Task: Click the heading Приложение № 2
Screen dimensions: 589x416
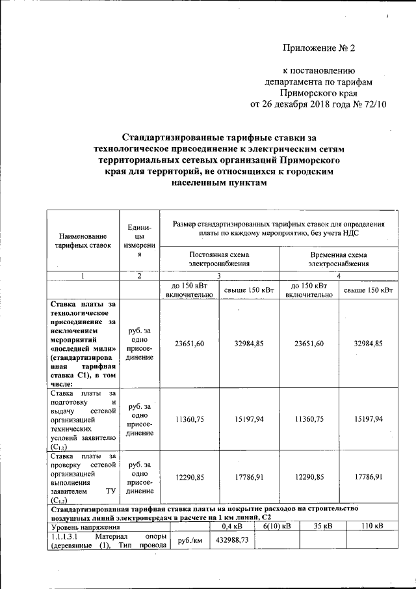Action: coord(320,48)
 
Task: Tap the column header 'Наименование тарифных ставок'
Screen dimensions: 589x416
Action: coord(82,241)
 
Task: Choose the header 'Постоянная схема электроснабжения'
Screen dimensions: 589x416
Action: coord(219,259)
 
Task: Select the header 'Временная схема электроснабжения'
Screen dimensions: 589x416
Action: coord(338,259)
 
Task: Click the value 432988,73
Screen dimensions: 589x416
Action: coord(233,540)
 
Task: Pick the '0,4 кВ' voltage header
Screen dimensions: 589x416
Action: coord(233,526)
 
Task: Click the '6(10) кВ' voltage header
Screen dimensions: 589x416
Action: coord(277,526)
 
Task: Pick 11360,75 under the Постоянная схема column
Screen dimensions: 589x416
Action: coord(190,420)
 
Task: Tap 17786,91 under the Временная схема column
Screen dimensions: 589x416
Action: coord(369,477)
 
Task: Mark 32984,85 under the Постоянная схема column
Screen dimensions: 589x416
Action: coord(250,343)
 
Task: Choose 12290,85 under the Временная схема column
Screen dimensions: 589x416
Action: coord(309,477)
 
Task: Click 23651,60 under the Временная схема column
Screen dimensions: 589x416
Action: coord(309,343)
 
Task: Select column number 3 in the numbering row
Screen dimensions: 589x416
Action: coord(219,276)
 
